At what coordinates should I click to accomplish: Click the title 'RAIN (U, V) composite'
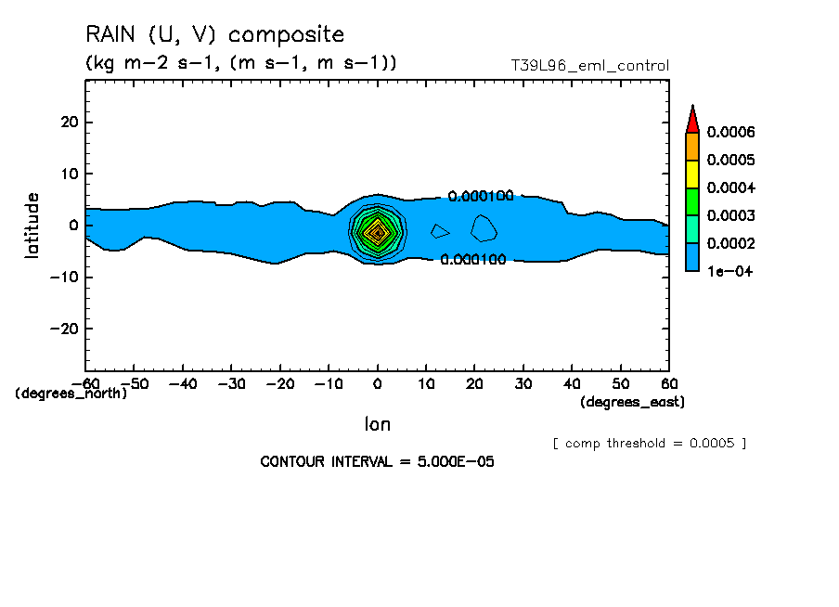click(214, 35)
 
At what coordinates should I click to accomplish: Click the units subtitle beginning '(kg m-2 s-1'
click(241, 63)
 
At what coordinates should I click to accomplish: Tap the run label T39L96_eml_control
click(589, 66)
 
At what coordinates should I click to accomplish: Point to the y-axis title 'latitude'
click(33, 225)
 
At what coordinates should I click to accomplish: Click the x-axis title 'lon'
click(377, 424)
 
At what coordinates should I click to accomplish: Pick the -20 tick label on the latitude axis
click(65, 329)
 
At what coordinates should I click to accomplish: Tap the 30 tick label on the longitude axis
click(523, 383)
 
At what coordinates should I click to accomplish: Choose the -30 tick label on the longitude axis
click(231, 383)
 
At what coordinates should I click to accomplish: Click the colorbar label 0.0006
click(731, 133)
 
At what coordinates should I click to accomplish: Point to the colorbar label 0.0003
click(731, 216)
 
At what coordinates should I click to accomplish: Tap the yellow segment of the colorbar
click(691, 174)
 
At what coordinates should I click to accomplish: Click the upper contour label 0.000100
click(481, 197)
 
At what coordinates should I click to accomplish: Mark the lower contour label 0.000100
click(473, 260)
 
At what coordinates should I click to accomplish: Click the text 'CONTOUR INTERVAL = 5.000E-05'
click(377, 461)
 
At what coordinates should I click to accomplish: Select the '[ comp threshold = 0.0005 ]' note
click(649, 443)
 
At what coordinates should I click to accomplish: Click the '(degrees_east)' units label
click(632, 402)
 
